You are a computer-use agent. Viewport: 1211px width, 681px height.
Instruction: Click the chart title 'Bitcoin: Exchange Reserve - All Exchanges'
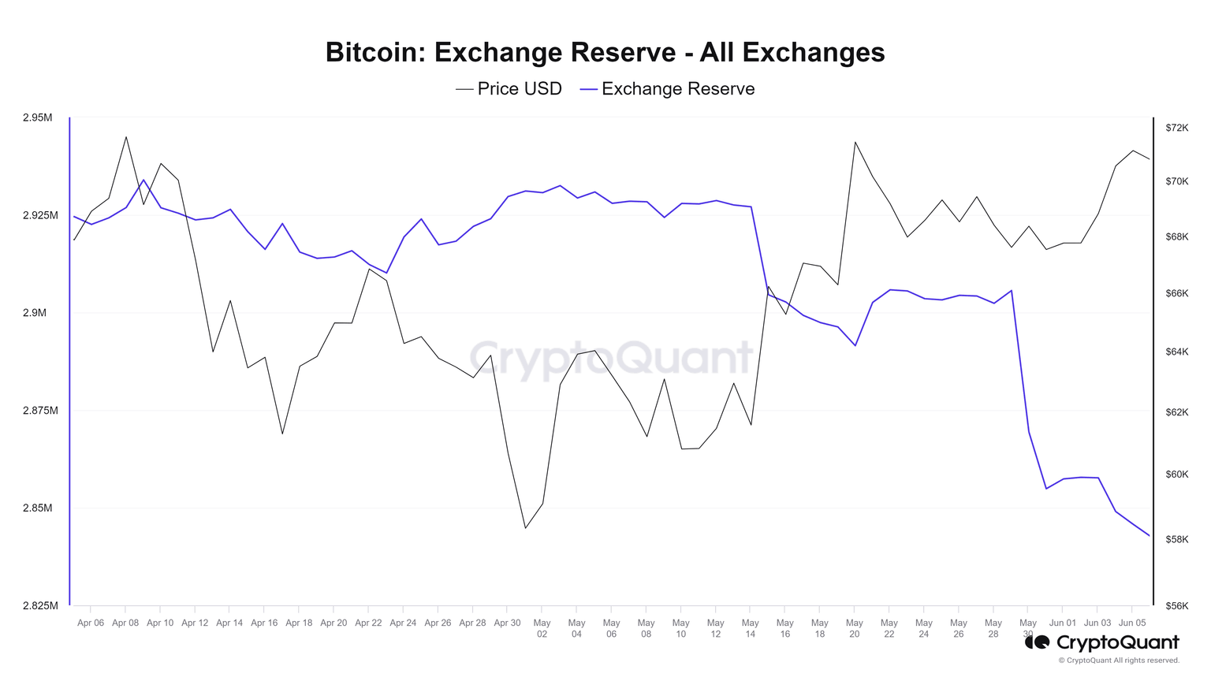coord(605,52)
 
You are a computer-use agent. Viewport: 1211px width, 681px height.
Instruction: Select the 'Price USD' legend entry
coord(509,89)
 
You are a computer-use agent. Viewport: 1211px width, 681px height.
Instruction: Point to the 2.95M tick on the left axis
coord(37,117)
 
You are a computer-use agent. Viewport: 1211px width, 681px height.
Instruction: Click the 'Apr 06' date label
coord(91,623)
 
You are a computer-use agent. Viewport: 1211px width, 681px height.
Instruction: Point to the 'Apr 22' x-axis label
coord(368,623)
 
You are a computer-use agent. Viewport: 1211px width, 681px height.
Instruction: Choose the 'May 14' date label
coord(750,627)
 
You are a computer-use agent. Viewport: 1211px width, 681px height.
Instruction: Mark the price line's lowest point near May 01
coord(526,528)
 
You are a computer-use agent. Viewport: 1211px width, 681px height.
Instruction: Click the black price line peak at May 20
coord(855,142)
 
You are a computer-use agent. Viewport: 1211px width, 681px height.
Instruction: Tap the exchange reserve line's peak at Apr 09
coord(143,180)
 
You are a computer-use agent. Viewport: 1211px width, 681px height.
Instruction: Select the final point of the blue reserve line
coord(1150,536)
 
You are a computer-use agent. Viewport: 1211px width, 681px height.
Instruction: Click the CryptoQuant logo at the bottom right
coord(1102,642)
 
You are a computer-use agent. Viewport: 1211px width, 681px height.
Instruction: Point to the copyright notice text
coord(1119,661)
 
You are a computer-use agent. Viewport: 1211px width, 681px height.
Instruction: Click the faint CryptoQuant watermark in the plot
coord(612,359)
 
